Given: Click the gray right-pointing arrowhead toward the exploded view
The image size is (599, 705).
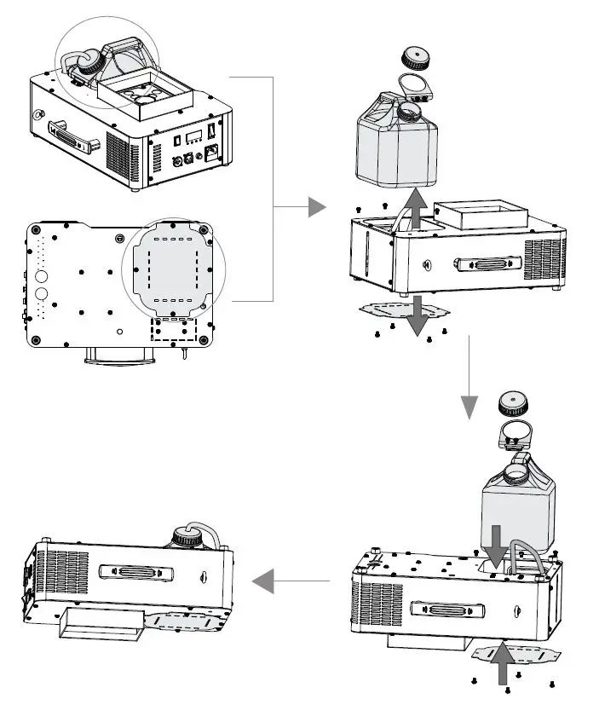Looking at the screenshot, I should (317, 207).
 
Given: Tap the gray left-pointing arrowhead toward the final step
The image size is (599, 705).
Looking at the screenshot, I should (263, 582).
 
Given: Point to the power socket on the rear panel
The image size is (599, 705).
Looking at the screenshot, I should (213, 153).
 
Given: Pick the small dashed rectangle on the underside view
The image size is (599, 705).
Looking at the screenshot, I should (174, 329).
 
